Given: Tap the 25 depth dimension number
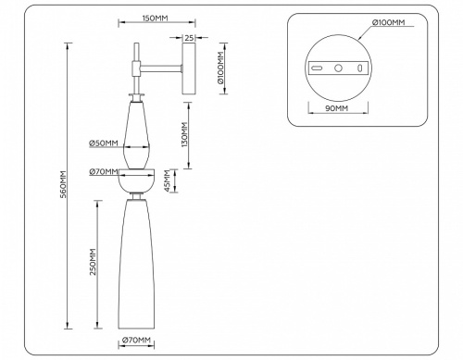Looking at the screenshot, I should click(190, 38).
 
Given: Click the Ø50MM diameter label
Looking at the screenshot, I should click(103, 143).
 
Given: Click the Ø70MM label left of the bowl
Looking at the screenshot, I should click(103, 171).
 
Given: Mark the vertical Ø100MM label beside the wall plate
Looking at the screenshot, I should click(221, 69).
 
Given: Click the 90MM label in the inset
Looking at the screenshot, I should click(337, 109).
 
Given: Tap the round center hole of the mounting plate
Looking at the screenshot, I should click(339, 68).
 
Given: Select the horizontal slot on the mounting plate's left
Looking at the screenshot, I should click(317, 68).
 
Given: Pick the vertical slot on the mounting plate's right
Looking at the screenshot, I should click(359, 68).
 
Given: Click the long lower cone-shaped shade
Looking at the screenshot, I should click(136, 264).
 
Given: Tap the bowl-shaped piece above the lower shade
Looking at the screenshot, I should click(136, 178).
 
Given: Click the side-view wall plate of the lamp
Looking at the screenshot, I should click(190, 68).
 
